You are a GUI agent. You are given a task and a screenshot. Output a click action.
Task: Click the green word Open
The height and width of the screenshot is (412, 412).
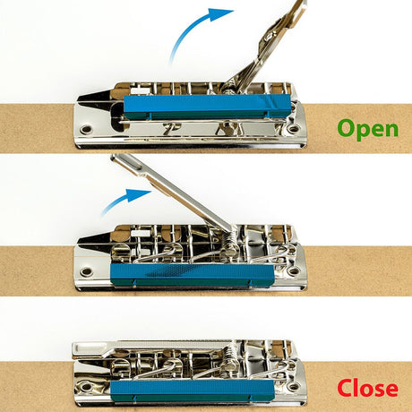[368, 129]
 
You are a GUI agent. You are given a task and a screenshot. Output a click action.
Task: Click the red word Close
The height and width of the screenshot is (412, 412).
[368, 388]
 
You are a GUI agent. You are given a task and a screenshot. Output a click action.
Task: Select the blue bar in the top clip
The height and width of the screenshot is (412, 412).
[207, 107]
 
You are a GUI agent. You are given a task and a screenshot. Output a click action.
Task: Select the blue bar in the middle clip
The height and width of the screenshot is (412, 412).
[193, 275]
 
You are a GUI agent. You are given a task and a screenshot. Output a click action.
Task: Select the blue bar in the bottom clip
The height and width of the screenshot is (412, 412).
[193, 391]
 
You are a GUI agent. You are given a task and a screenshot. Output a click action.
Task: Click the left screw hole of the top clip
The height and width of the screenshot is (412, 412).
[87, 130]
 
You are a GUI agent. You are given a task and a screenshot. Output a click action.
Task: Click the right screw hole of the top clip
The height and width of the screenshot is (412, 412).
[294, 129]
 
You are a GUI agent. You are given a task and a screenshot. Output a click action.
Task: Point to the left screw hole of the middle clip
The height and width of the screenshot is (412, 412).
[87, 272]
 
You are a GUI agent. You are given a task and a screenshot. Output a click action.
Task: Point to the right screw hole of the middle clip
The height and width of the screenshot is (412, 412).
[294, 271]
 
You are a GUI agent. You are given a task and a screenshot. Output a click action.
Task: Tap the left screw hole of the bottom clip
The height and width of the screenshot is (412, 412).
[87, 387]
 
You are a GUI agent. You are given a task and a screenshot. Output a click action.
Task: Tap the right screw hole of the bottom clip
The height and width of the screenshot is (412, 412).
[294, 386]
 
